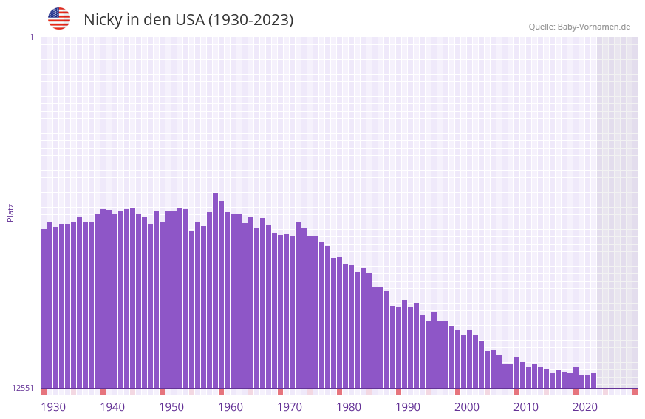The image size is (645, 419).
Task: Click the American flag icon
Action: pos(59,18)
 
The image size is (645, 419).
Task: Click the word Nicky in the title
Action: pos(103,20)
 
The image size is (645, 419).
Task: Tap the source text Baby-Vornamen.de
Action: pos(594,27)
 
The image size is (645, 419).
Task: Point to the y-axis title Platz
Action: pos(10,212)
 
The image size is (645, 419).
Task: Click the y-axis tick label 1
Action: pos(31,37)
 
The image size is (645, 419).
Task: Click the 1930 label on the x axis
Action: pos(53,407)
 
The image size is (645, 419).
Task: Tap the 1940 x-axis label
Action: pos(112,407)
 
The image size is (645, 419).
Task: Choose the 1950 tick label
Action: pos(171,407)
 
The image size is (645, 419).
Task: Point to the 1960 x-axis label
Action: pos(231,407)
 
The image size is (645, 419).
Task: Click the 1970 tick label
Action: pos(290,407)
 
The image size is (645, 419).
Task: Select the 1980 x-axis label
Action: pos(349,407)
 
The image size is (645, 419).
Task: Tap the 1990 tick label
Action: pos(408,407)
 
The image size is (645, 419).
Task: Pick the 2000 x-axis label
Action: pos(467,407)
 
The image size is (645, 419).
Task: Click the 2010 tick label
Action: pos(526,407)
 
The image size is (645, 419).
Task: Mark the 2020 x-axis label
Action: pos(585,407)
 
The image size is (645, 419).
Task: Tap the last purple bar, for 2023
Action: pos(593,381)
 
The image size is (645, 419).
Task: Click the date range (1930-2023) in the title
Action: pos(250,20)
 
